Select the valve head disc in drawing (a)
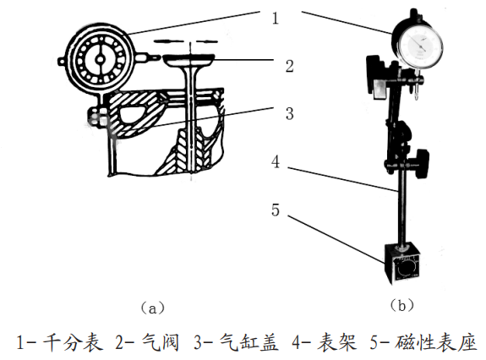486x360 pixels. pyautogui.click(x=190, y=60)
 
